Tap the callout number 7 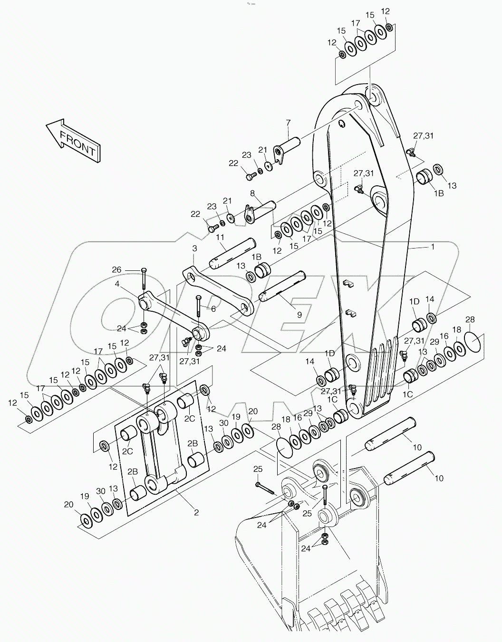click(x=288, y=123)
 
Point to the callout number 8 click(x=252, y=193)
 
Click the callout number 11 click(x=220, y=237)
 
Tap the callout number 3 click(x=194, y=248)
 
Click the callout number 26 click(x=116, y=270)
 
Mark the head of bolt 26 click(x=144, y=271)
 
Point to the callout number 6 click(x=213, y=308)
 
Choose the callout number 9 click(x=299, y=315)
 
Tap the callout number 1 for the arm click(x=432, y=247)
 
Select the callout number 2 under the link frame click(x=195, y=512)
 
